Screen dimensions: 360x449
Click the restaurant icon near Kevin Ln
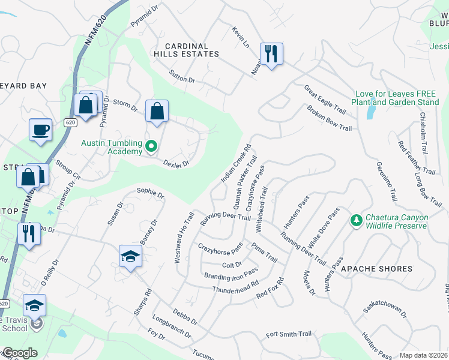pyautogui.click(x=271, y=54)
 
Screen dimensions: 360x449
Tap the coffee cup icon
pyautogui.click(x=41, y=130)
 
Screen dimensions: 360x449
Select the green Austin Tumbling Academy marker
pyautogui.click(x=152, y=146)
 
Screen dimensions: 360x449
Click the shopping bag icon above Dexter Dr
pyautogui.click(x=157, y=111)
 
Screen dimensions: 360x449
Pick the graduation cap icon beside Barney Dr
pyautogui.click(x=130, y=257)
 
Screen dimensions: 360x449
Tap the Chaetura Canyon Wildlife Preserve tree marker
pyautogui.click(x=357, y=221)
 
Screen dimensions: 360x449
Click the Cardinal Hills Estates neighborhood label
pyautogui.click(x=186, y=50)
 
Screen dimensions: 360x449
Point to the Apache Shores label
pyautogui.click(x=376, y=269)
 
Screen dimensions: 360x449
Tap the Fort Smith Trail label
pyautogui.click(x=289, y=334)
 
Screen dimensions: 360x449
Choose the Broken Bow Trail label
pyautogui.click(x=328, y=119)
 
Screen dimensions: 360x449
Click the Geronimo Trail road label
pyautogui.click(x=387, y=181)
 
